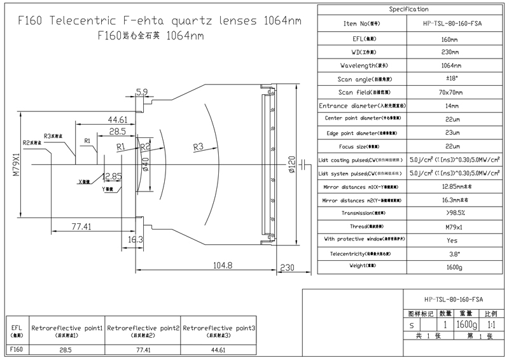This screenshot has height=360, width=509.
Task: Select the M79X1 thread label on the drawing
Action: point(16,162)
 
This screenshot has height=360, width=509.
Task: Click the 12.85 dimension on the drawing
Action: point(109,176)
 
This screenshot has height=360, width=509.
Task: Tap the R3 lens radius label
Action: point(198,147)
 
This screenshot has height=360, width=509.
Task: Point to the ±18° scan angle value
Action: point(452,78)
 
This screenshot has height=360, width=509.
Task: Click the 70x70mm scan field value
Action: point(452,92)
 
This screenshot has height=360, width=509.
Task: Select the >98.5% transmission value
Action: point(452,212)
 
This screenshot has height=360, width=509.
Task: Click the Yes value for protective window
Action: point(452,240)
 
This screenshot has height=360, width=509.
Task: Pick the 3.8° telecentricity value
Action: point(452,254)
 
